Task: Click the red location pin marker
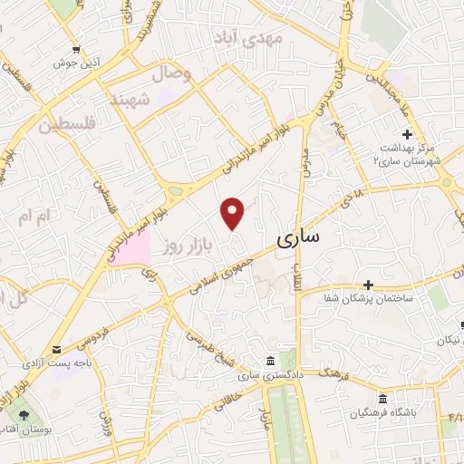pos(234,211)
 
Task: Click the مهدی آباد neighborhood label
pos(247,37)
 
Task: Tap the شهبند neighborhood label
pos(129,99)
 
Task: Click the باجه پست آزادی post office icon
pos(56,350)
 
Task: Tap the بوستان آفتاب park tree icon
pos(22,416)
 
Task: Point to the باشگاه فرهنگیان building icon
pos(382,400)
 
